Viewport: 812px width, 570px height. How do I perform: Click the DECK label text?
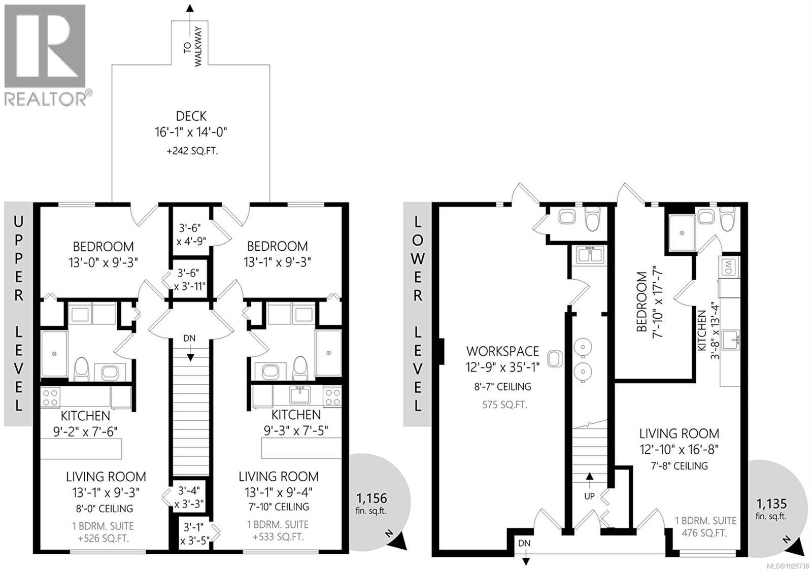pos(191,116)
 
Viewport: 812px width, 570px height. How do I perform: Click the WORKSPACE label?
pos(502,351)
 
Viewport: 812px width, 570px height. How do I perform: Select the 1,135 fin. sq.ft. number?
pos(771,504)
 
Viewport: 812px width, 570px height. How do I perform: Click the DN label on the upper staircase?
pos(189,339)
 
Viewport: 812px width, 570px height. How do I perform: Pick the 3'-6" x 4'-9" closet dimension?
pos(191,234)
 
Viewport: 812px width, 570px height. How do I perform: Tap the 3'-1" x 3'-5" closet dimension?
pos(194,533)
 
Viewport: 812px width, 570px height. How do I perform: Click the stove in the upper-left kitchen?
pos(50,397)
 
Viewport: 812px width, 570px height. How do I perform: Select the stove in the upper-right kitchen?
pos(332,396)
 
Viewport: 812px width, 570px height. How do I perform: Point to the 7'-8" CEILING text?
pos(679,465)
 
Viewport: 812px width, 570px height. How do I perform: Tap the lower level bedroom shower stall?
pos(682,233)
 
